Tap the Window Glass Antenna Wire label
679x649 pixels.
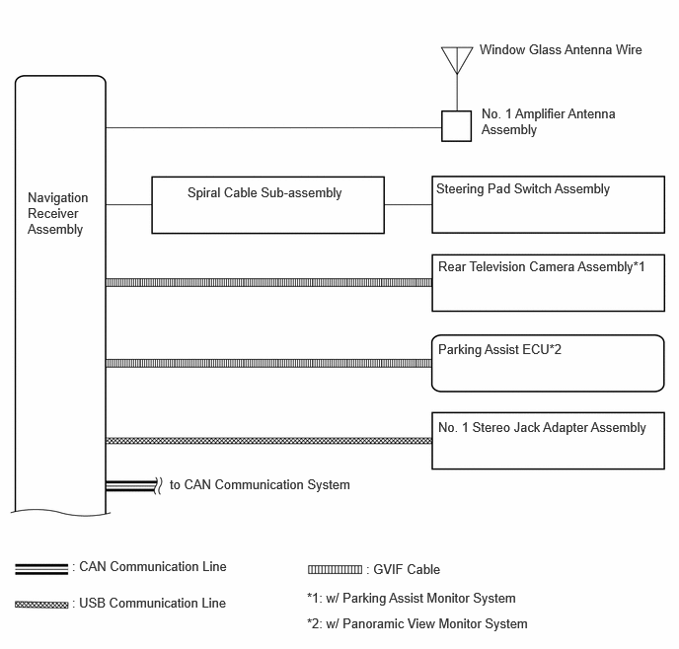coord(561,49)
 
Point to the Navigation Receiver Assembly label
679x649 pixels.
coord(57,213)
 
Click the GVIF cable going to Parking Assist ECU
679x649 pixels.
coord(268,363)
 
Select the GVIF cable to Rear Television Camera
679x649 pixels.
coord(268,282)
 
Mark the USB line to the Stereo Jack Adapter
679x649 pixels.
coord(268,441)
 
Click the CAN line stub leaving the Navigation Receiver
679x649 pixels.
coord(131,485)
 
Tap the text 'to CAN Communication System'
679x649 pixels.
coord(260,484)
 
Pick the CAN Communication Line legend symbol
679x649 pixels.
coord(41,569)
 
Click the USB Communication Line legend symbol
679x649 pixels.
coord(41,605)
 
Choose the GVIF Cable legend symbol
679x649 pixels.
coord(335,569)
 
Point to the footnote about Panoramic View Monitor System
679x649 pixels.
coord(417,624)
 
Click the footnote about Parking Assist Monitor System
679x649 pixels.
coord(412,598)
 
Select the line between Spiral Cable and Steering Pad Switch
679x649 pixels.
coord(408,204)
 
